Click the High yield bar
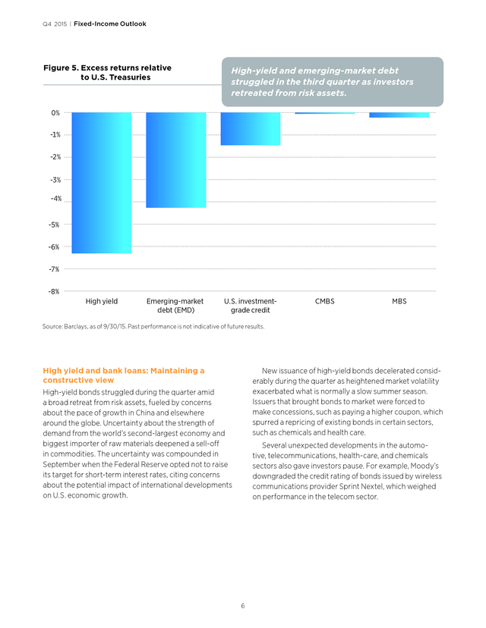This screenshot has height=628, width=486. click(102, 183)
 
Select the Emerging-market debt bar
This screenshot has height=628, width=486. click(176, 160)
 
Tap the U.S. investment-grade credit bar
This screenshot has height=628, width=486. click(251, 129)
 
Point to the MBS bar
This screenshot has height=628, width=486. click(399, 115)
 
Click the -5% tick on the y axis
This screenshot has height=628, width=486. click(54, 225)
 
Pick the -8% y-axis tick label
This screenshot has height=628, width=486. click(54, 291)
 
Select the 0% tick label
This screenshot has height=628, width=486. click(55, 113)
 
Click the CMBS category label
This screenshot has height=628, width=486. click(325, 301)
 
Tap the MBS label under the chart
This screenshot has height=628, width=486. click(399, 301)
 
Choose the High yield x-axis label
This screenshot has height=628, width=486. click(102, 301)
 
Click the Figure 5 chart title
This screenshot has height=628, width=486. click(108, 73)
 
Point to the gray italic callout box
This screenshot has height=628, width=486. click(333, 82)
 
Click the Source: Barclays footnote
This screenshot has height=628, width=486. click(153, 326)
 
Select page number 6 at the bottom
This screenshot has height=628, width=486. click(242, 605)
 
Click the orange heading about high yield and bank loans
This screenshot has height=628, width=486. click(124, 375)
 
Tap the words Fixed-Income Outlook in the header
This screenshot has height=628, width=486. click(110, 24)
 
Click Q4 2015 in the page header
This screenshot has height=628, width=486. click(55, 24)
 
